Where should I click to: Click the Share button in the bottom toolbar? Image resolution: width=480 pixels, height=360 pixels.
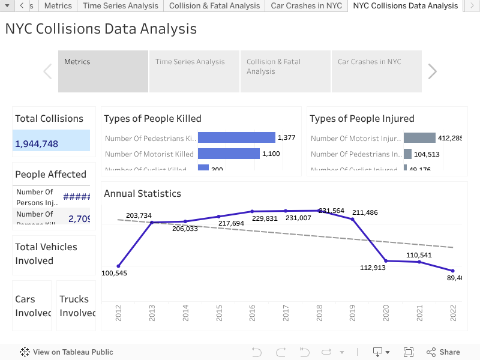pyautogui.click(x=443, y=352)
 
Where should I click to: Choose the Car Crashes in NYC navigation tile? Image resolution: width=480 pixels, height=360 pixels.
pyautogui.click(x=376, y=71)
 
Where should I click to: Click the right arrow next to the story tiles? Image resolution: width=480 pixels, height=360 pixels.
pyautogui.click(x=432, y=71)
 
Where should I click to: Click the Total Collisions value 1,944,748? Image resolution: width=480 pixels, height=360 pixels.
pyautogui.click(x=37, y=143)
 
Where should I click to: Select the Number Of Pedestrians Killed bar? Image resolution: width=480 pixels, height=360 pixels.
pyautogui.click(x=236, y=138)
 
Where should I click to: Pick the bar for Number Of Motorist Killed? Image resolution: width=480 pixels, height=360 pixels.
pyautogui.click(x=229, y=154)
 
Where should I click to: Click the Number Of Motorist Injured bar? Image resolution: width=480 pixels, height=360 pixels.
pyautogui.click(x=419, y=138)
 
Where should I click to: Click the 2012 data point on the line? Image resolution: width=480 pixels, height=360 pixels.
pyautogui.click(x=118, y=266)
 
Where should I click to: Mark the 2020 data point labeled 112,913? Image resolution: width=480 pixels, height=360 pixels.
pyautogui.click(x=386, y=260)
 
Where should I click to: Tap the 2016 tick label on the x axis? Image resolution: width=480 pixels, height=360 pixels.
pyautogui.click(x=252, y=312)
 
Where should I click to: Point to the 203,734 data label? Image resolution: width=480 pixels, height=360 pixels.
pyautogui.click(x=139, y=215)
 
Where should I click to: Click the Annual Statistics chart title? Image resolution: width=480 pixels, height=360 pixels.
pyautogui.click(x=142, y=193)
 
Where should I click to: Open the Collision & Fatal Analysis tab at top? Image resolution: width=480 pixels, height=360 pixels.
pyautogui.click(x=214, y=6)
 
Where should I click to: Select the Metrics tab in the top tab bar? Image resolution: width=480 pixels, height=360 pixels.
pyautogui.click(x=58, y=6)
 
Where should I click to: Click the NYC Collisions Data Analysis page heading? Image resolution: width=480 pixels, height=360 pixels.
pyautogui.click(x=101, y=29)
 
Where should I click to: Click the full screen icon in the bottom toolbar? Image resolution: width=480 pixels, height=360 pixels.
pyautogui.click(x=409, y=352)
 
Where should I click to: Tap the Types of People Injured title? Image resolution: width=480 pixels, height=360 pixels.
pyautogui.click(x=362, y=118)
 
